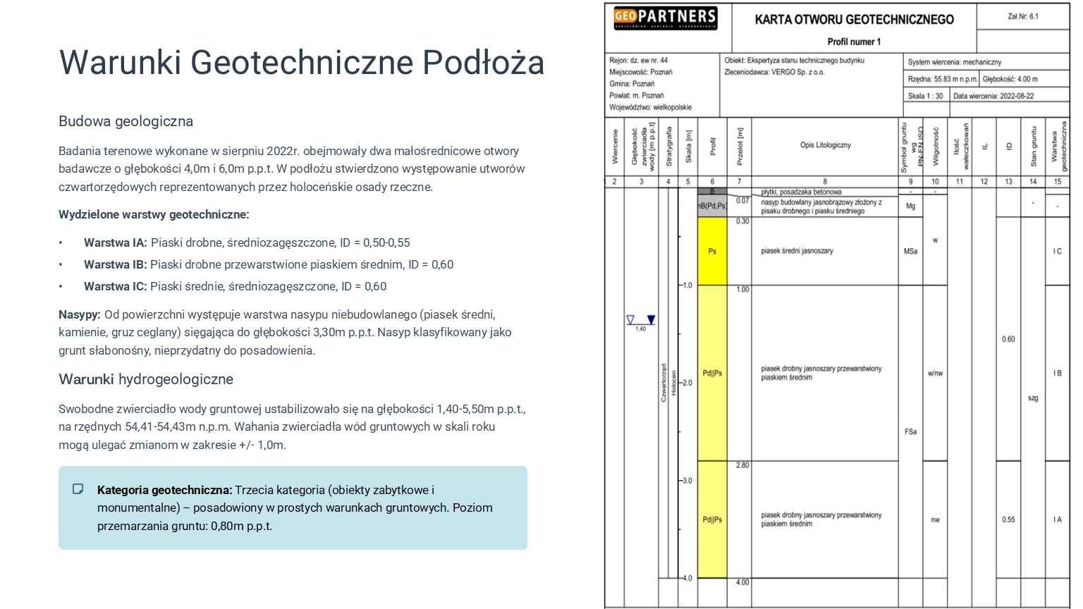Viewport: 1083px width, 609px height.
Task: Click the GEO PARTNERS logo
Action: point(665,18)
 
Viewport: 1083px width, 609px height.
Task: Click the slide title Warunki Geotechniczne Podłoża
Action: point(302,62)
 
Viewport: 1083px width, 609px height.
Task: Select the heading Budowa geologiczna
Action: point(126,121)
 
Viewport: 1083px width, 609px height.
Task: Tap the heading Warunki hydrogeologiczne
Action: point(146,379)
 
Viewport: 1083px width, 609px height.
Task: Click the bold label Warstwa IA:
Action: point(116,242)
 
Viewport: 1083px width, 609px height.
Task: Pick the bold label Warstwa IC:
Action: point(116,286)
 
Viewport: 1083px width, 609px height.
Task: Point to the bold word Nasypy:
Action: point(80,314)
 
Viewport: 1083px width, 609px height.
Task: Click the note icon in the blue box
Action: point(78,489)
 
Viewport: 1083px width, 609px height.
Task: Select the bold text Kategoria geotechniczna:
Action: point(164,490)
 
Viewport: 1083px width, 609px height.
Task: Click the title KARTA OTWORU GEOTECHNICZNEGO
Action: point(854,20)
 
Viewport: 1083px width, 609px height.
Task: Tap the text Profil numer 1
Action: point(854,42)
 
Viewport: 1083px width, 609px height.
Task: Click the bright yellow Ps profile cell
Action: point(712,251)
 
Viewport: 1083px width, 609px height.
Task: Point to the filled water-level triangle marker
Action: point(651,320)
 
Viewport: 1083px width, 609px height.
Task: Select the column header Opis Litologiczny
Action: point(825,145)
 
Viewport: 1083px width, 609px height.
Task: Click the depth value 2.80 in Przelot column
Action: point(742,465)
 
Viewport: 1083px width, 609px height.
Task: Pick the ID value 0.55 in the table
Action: point(1008,519)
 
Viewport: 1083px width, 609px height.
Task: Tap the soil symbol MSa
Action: point(910,251)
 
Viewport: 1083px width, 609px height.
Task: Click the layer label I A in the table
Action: point(1057,519)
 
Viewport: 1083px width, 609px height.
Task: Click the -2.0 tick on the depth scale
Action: point(686,383)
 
